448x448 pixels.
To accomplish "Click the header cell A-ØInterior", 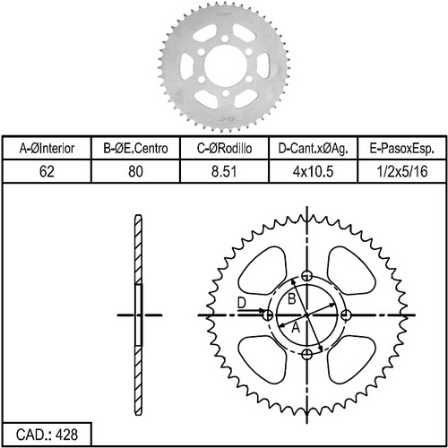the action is pos(47,149).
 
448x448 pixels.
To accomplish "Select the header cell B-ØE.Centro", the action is pos(135,149).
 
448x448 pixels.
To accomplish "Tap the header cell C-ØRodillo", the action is pos(224,149).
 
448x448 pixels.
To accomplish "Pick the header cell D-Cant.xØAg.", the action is pos(313,149).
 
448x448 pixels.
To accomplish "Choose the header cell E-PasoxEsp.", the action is pos(402,149).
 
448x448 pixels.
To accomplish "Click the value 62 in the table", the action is pos(47,172).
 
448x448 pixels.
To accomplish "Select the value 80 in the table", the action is pos(135,172).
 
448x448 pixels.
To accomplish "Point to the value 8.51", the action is pos(224,172).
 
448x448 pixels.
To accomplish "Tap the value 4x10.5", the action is pos(313,172).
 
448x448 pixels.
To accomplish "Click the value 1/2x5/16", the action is pos(402,172).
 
